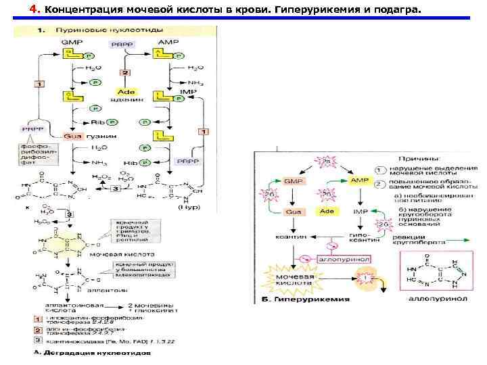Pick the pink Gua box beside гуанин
pyautogui.click(x=72, y=136)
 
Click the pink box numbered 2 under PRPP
pyautogui.click(x=124, y=72)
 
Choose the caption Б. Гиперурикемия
pyautogui.click(x=310, y=298)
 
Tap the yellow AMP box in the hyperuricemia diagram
pyautogui.click(x=358, y=182)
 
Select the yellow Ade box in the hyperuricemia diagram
pyautogui.click(x=327, y=212)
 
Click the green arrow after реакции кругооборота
pyautogui.click(x=459, y=241)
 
